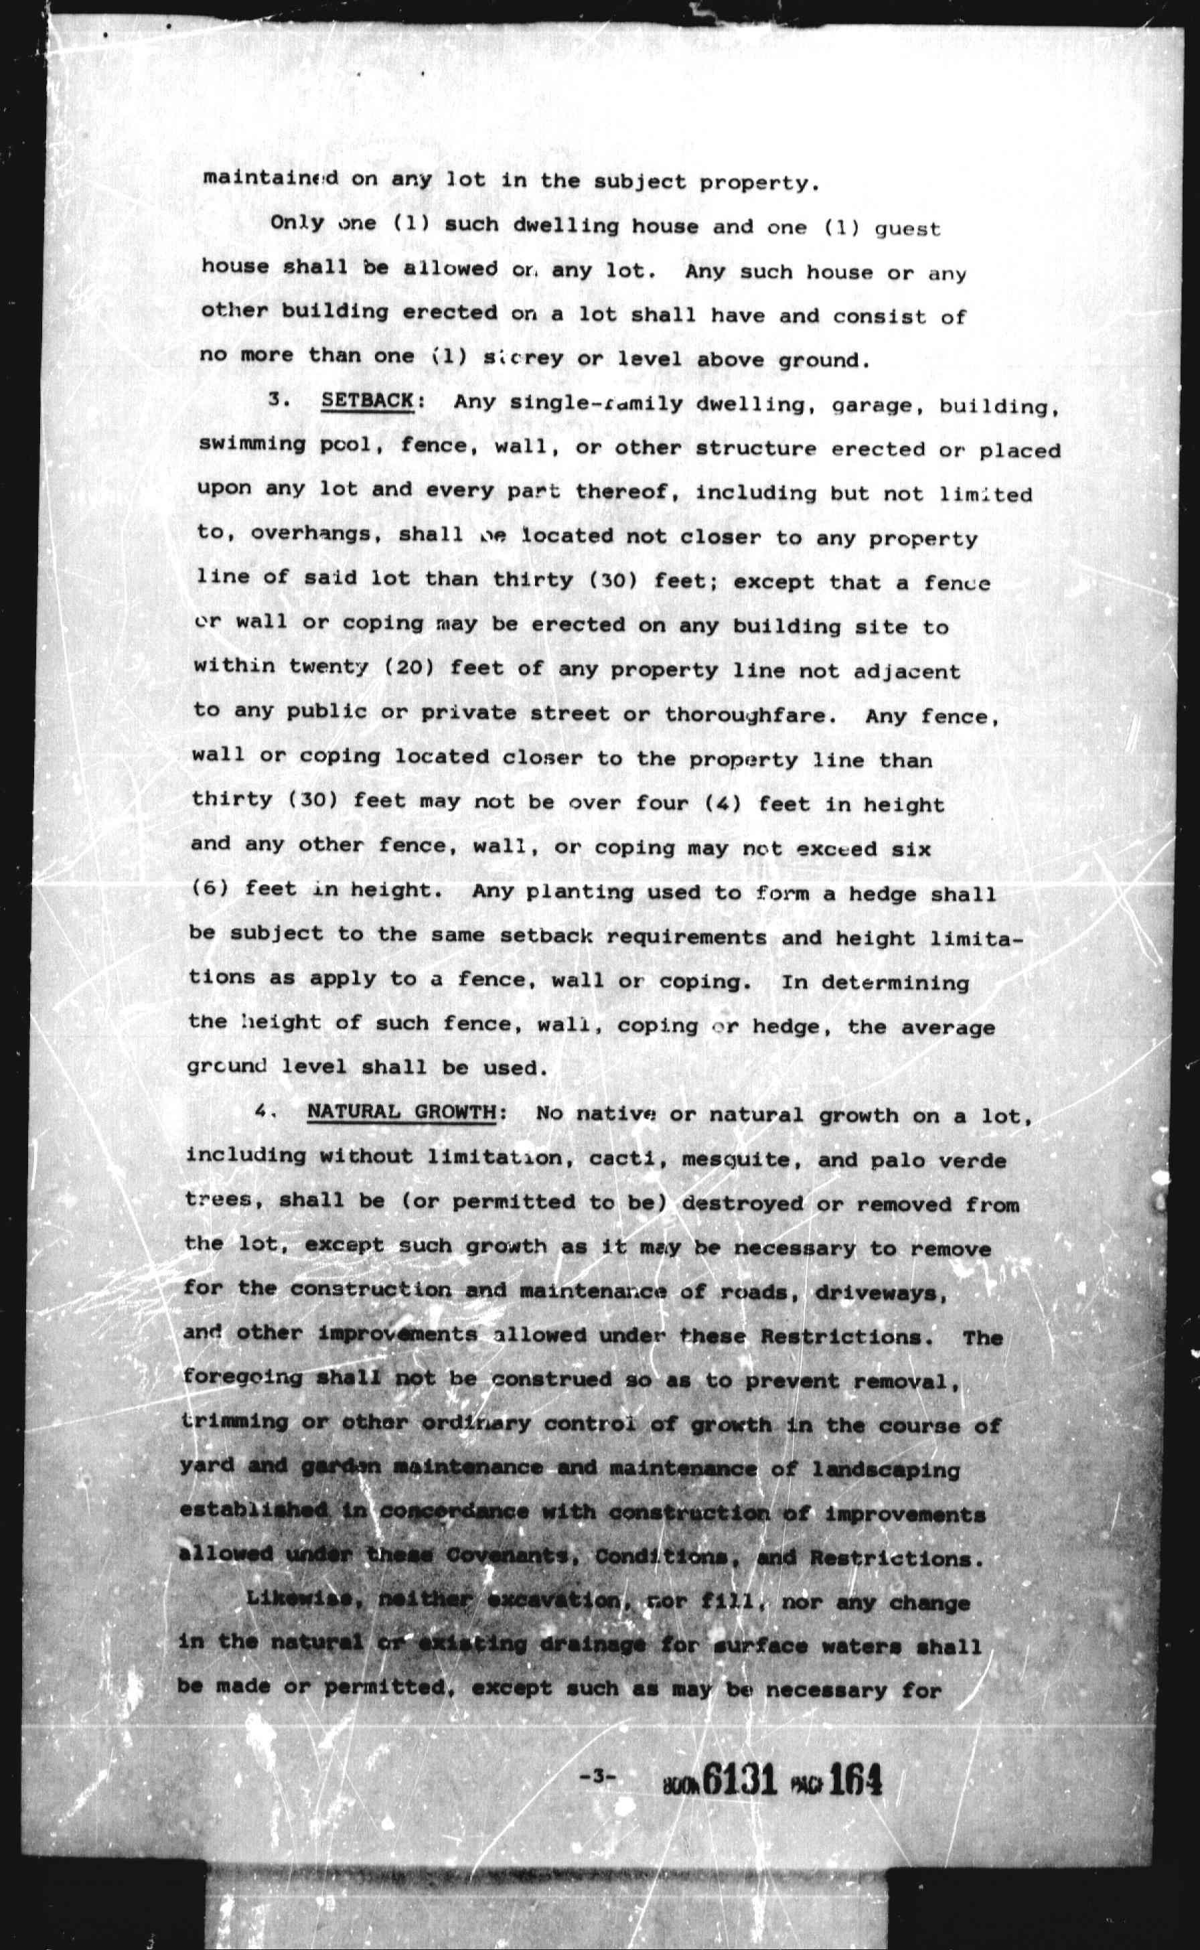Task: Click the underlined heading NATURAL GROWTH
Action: pyautogui.click(x=402, y=1111)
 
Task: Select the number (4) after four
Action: pyautogui.click(x=723, y=803)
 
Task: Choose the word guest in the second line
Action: pyautogui.click(x=907, y=230)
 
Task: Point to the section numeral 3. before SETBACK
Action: pyautogui.click(x=277, y=399)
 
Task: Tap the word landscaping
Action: pyautogui.click(x=886, y=1469)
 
